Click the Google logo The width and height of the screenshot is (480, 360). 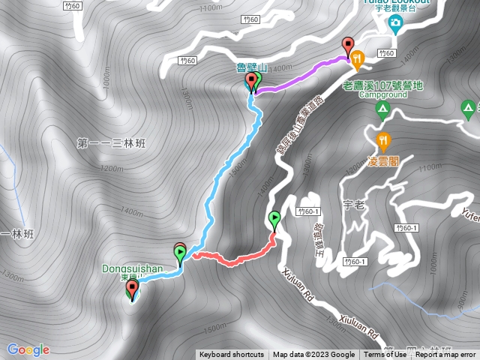pyautogui.click(x=28, y=349)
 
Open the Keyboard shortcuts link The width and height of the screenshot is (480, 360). pyautogui.click(x=232, y=355)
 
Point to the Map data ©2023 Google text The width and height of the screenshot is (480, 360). pyautogui.click(x=313, y=355)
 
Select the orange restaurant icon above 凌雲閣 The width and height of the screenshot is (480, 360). pyautogui.click(x=384, y=139)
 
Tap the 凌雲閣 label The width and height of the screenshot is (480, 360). pyautogui.click(x=382, y=160)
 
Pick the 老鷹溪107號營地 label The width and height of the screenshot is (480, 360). pyautogui.click(x=382, y=85)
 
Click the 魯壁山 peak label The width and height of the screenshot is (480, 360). pyautogui.click(x=252, y=67)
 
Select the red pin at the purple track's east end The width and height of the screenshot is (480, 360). pyautogui.click(x=347, y=45)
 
